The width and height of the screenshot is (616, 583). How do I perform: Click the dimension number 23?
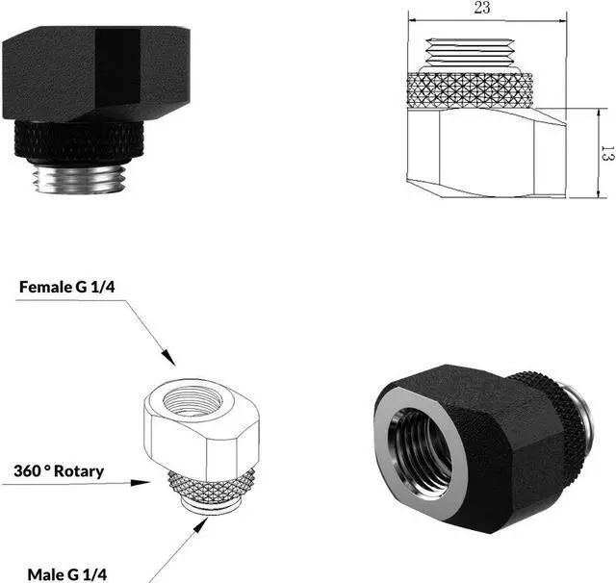pos(483,8)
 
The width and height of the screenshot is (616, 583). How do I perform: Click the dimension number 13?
pos(606,153)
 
